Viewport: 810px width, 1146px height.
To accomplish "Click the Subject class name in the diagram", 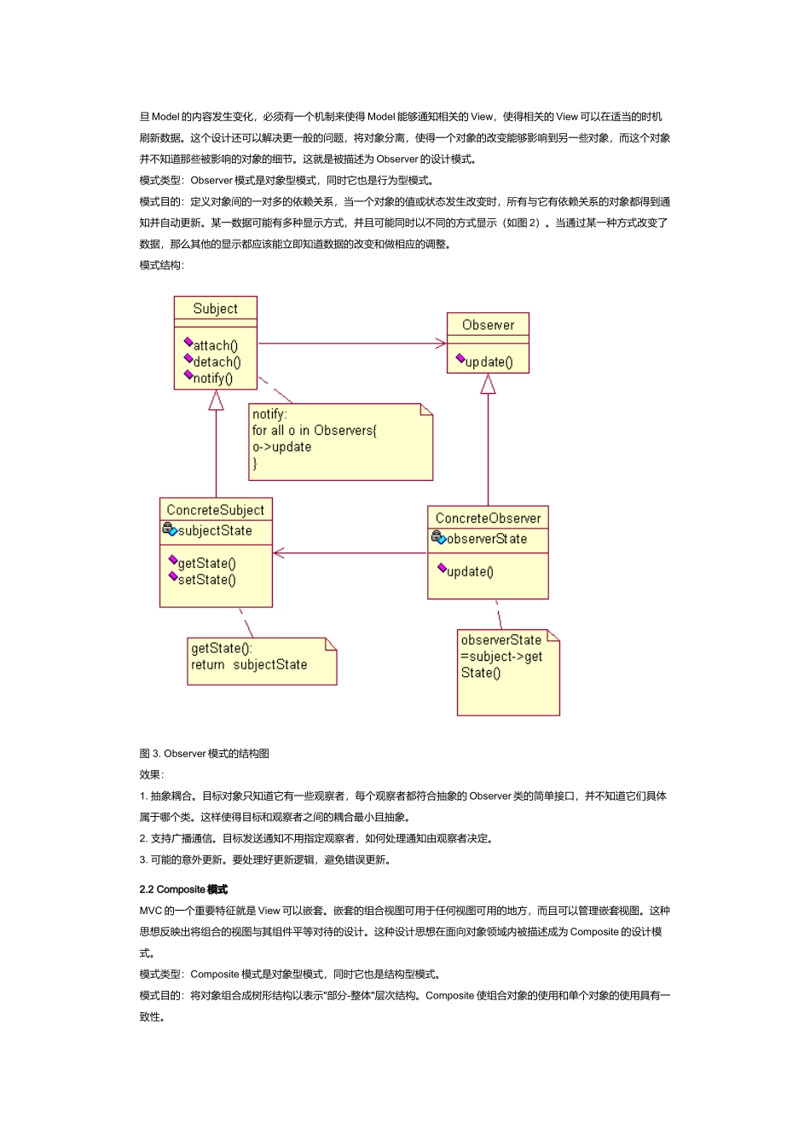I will coord(215,309).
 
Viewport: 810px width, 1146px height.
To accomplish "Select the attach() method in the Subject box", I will coord(215,345).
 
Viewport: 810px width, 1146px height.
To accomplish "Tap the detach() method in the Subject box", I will coord(217,362).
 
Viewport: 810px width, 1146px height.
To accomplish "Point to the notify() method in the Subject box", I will coord(212,379).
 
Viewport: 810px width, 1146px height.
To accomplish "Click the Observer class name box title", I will coord(488,325).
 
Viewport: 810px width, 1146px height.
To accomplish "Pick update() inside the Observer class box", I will coord(489,362).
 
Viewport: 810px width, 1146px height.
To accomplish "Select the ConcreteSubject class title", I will coord(216,510).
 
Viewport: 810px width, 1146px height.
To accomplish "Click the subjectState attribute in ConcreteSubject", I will coord(214,530).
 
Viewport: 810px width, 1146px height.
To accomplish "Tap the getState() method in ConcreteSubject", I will coord(206,563).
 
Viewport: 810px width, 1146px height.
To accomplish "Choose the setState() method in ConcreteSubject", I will coord(206,580).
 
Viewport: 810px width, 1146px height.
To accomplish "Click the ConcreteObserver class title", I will coord(488,518).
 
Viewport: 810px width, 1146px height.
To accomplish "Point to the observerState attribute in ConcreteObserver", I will coord(486,539).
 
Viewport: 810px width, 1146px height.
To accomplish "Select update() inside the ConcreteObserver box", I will coord(470,571).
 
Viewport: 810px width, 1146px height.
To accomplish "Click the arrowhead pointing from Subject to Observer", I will coord(441,344).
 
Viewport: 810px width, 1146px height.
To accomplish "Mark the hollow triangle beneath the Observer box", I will coord(488,385).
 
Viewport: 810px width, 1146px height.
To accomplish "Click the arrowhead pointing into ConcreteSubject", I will coord(279,553).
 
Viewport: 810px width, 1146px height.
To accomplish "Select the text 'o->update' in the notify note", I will coord(281,447).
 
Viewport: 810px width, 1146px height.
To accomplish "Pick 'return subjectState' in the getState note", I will coord(249,665).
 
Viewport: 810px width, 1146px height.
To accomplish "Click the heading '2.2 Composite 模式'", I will coord(183,889).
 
